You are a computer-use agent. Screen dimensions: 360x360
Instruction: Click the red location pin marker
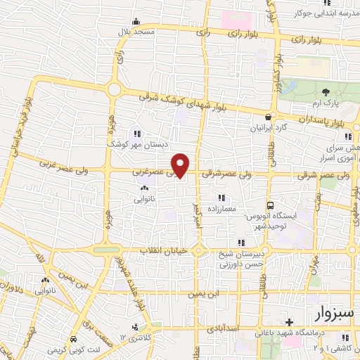pos(181,165)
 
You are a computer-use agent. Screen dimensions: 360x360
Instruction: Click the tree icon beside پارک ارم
pos(326,92)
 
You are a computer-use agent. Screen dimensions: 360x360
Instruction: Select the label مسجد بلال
pos(134,33)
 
